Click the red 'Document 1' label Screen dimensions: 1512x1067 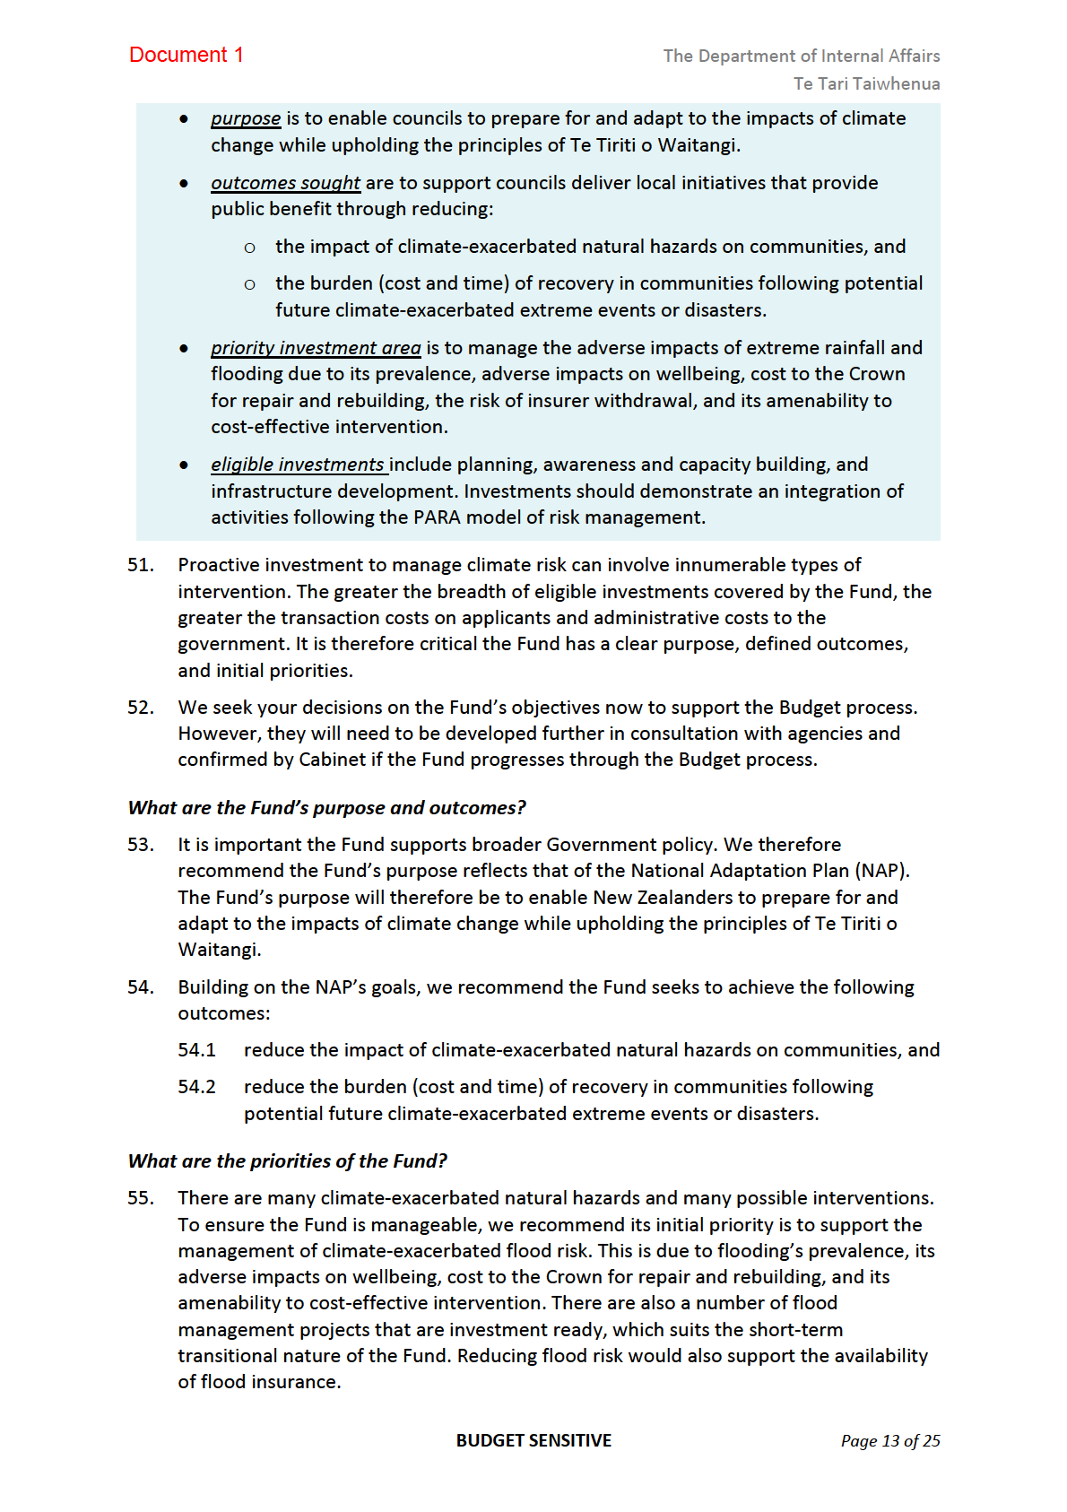pos(187,55)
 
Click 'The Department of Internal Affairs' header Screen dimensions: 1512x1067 pos(801,56)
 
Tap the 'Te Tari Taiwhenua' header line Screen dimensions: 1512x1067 pos(866,83)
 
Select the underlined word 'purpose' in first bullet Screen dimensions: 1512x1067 pos(246,118)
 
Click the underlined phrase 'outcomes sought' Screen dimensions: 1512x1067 pos(285,183)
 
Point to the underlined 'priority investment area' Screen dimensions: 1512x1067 pos(316,348)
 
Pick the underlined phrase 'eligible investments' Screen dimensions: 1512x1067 pos(298,465)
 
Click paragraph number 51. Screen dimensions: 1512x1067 pos(141,565)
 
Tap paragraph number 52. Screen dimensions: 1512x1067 pos(141,708)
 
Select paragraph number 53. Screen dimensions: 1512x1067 pos(141,845)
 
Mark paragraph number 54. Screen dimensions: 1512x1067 pos(141,987)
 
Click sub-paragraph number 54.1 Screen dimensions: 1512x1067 pos(196,1050)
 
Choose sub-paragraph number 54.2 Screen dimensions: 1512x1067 pos(196,1087)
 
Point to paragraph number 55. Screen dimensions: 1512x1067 pos(141,1198)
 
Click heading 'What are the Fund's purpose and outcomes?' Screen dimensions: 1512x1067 pos(326,808)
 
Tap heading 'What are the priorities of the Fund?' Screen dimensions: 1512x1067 pos(287,1161)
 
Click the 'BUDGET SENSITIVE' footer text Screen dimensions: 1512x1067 pos(533,1440)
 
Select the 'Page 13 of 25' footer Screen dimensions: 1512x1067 pos(889,1441)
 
